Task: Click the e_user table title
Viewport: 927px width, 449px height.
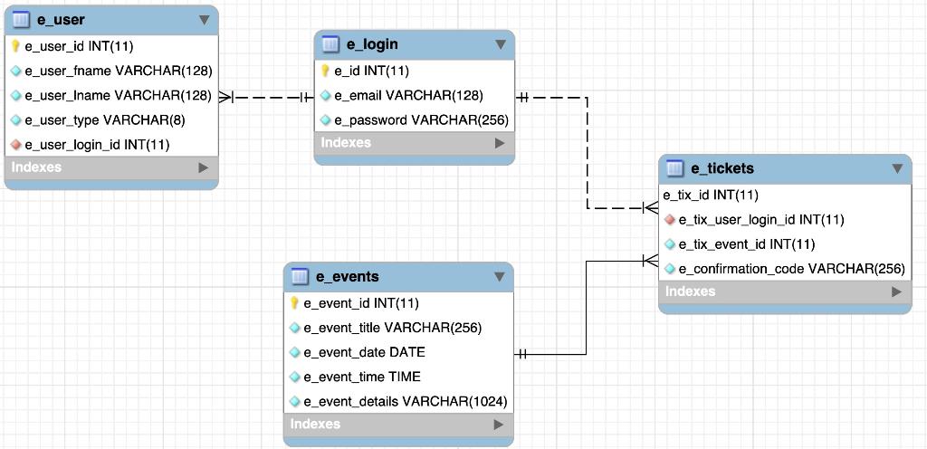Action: coord(61,20)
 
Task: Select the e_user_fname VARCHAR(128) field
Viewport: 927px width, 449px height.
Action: coord(118,71)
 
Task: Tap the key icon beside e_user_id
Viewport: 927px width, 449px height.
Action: coord(16,46)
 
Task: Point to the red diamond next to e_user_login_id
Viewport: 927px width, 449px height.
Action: coord(16,145)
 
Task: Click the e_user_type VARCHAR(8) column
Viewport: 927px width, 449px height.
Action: coord(104,120)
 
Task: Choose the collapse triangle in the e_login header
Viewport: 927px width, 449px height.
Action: coord(500,44)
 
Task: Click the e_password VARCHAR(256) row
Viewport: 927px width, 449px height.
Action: coord(421,120)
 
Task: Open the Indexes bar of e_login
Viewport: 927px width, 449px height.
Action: coord(414,143)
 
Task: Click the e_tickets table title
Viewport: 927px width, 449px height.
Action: coord(722,168)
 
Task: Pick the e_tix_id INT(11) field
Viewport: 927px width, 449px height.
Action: coord(711,195)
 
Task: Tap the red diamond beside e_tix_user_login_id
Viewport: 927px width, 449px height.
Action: coord(670,220)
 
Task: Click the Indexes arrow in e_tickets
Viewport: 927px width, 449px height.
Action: coord(896,291)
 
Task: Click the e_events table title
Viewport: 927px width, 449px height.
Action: coord(347,277)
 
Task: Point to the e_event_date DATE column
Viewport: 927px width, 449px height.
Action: coord(364,352)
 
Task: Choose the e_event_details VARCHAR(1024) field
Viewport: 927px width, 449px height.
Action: coord(405,401)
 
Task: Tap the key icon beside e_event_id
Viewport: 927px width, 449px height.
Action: coord(295,303)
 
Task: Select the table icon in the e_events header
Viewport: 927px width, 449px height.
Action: coord(300,277)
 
